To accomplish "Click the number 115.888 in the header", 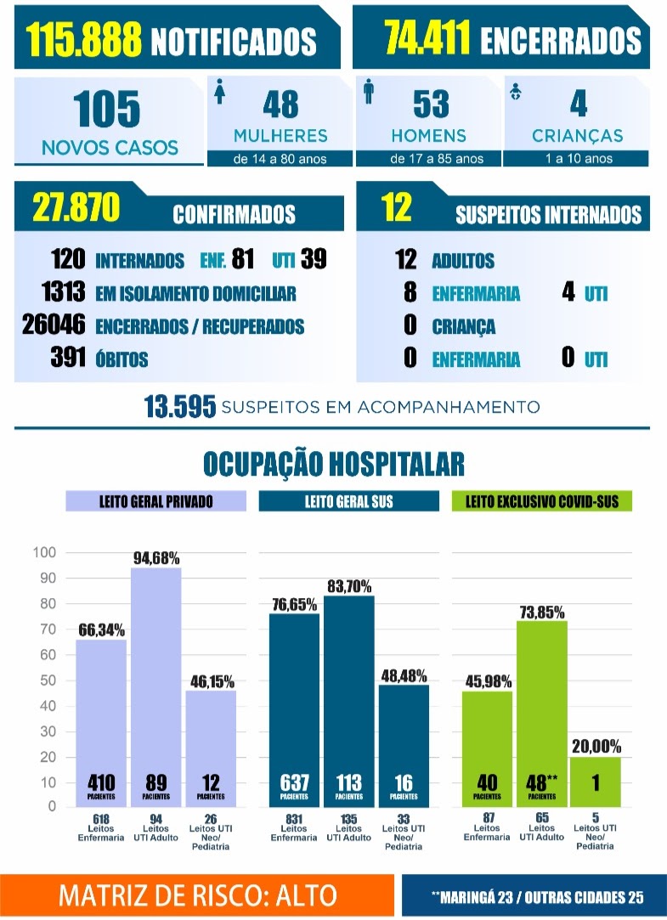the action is (x=83, y=39).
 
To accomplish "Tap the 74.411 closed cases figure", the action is (x=427, y=37).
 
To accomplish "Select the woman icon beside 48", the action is (x=220, y=93).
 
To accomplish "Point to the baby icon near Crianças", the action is (x=516, y=91).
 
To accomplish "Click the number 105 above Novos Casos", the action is (x=107, y=109).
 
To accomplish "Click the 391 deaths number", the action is (x=68, y=358).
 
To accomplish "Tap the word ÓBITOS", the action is (x=122, y=359).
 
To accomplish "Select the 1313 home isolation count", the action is (x=64, y=291).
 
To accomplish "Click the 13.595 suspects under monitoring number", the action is (x=180, y=407).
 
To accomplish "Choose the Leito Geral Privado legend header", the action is (x=155, y=501).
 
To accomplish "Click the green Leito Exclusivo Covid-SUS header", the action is (x=542, y=501).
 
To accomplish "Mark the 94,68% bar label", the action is (x=156, y=558).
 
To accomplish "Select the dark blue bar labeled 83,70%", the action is (x=349, y=702).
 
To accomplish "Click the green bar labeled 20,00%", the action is (x=596, y=782).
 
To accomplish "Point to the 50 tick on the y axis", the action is (x=48, y=680).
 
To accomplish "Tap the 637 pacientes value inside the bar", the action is (x=294, y=787).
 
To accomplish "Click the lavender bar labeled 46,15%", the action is (x=212, y=748).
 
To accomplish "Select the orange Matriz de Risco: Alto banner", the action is (x=197, y=895).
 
